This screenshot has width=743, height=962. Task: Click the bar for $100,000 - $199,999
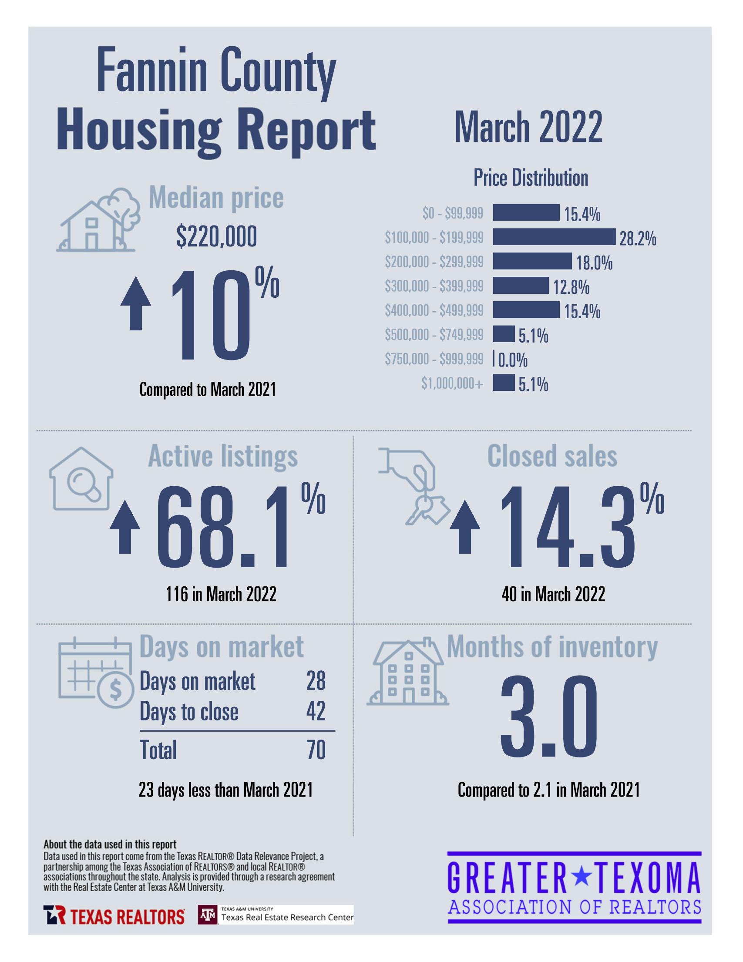coord(554,236)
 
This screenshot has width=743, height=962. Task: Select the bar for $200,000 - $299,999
coord(532,261)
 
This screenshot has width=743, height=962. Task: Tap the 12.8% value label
coord(571,287)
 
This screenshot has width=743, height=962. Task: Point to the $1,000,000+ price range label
coord(452,383)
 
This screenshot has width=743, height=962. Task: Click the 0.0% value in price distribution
coord(513,360)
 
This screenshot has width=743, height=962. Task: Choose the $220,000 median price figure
coord(216,237)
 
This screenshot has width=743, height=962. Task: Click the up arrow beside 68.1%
coord(124,527)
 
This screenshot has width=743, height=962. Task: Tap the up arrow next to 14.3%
coord(465,528)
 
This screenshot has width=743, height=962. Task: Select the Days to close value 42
coord(316,711)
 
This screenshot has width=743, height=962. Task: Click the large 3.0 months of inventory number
coord(549,717)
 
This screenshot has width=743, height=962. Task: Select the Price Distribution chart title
coord(531,178)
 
